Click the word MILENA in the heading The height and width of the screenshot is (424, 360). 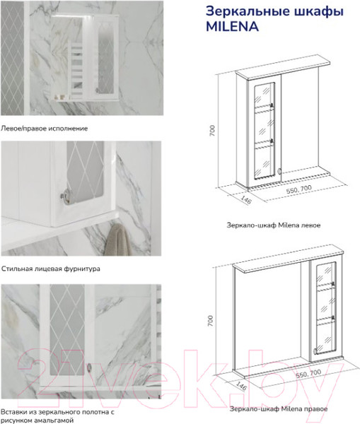[x=232, y=27]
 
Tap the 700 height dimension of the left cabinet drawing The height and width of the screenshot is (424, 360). [x=212, y=130]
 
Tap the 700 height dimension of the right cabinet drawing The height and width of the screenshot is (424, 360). [x=211, y=320]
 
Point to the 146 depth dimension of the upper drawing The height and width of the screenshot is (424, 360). [x=245, y=200]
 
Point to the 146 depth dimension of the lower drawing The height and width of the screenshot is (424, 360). [x=241, y=386]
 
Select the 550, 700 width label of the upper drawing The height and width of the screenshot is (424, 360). [x=299, y=189]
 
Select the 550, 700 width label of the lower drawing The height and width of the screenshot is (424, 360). [x=308, y=374]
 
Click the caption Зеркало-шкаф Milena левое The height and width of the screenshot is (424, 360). [x=274, y=225]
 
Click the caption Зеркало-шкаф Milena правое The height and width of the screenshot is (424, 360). [x=279, y=409]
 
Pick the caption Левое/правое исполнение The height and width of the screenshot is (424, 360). [x=44, y=129]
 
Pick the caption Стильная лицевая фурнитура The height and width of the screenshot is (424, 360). [x=51, y=269]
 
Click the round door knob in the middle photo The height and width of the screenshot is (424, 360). [x=66, y=196]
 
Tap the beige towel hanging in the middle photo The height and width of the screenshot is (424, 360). [x=116, y=240]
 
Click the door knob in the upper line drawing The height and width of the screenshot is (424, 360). [x=279, y=171]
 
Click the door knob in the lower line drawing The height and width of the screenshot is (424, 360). [x=315, y=351]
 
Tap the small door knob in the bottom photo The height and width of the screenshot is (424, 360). [x=89, y=367]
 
